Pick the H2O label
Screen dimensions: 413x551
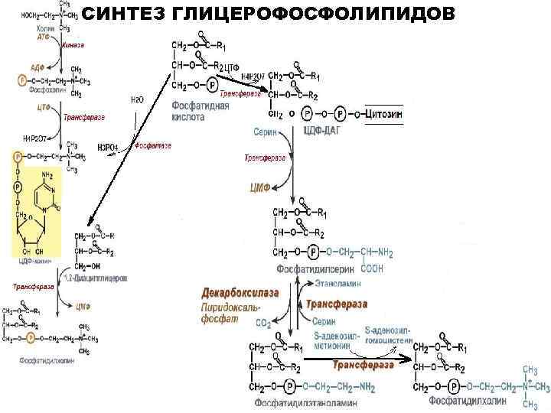pos(137,99)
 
